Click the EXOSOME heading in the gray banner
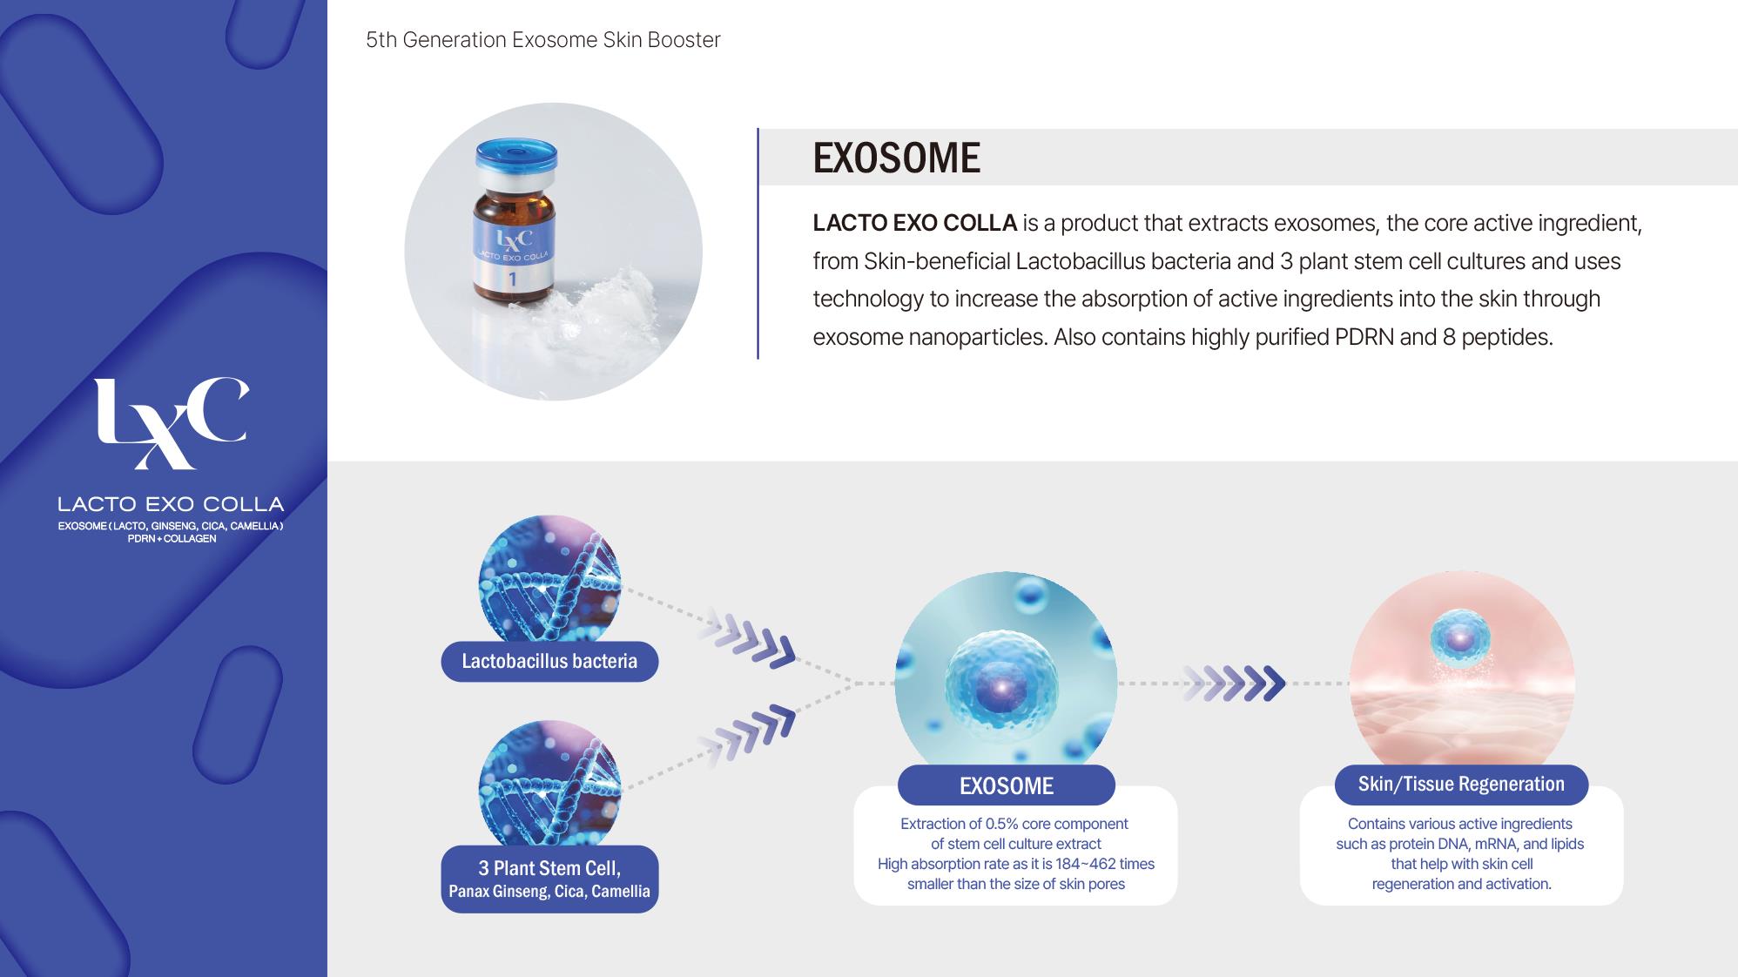[896, 158]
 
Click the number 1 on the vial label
[513, 280]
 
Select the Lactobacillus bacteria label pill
[549, 662]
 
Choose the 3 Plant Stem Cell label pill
[549, 879]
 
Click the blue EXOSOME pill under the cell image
[1007, 785]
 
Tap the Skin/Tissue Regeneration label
[1461, 785]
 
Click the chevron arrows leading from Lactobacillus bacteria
[748, 638]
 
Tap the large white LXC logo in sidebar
[171, 423]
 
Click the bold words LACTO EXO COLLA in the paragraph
[914, 223]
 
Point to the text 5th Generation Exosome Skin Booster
[542, 40]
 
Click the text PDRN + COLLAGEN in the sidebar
[172, 539]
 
